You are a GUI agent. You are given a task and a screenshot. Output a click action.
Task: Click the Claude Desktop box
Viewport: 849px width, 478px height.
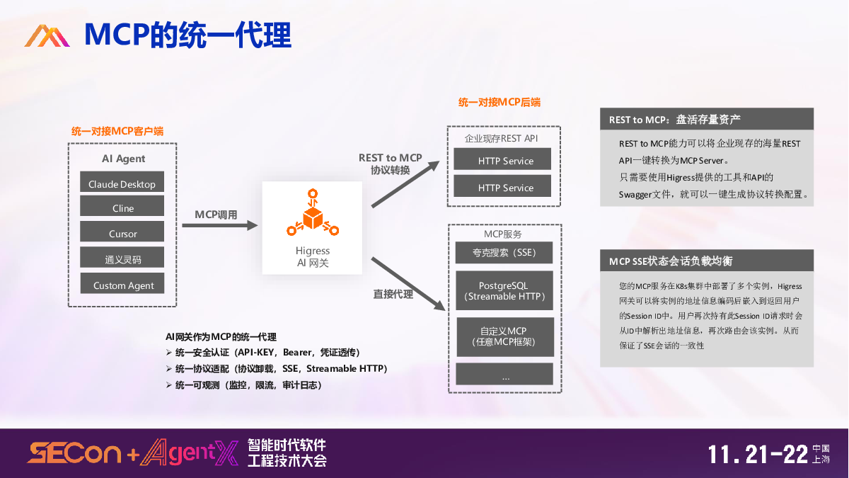pos(122,183)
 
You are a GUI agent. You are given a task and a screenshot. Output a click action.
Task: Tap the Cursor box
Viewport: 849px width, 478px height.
pos(122,232)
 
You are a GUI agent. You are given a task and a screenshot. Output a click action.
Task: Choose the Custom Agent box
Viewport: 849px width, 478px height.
pos(122,285)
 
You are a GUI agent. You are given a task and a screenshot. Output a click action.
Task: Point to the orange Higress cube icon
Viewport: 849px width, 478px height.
pos(312,212)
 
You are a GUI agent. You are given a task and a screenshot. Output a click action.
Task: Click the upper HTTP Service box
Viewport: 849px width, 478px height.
pos(504,160)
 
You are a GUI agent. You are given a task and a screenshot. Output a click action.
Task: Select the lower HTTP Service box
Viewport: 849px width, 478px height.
pos(504,187)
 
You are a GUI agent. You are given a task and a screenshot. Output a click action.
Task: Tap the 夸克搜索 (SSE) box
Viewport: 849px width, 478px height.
pos(504,253)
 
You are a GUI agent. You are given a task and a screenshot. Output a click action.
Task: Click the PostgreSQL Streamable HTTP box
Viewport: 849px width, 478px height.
pos(504,290)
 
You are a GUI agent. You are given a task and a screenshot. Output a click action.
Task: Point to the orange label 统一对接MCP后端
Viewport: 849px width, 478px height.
pos(499,102)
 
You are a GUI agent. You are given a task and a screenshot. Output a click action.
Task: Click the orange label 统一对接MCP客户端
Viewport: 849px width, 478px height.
pos(117,131)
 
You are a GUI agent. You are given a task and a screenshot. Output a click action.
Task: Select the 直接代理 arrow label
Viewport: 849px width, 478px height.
pos(393,293)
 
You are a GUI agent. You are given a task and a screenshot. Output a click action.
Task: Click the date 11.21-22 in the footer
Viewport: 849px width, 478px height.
pos(758,454)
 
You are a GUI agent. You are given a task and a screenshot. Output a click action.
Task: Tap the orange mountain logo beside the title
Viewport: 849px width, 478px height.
pos(47,35)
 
